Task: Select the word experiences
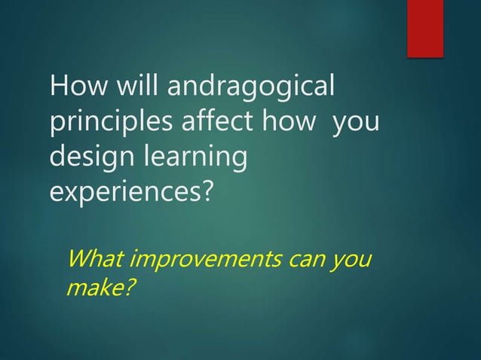123,191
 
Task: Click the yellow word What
96,259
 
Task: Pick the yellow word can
306,261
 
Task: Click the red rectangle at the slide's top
425,28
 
